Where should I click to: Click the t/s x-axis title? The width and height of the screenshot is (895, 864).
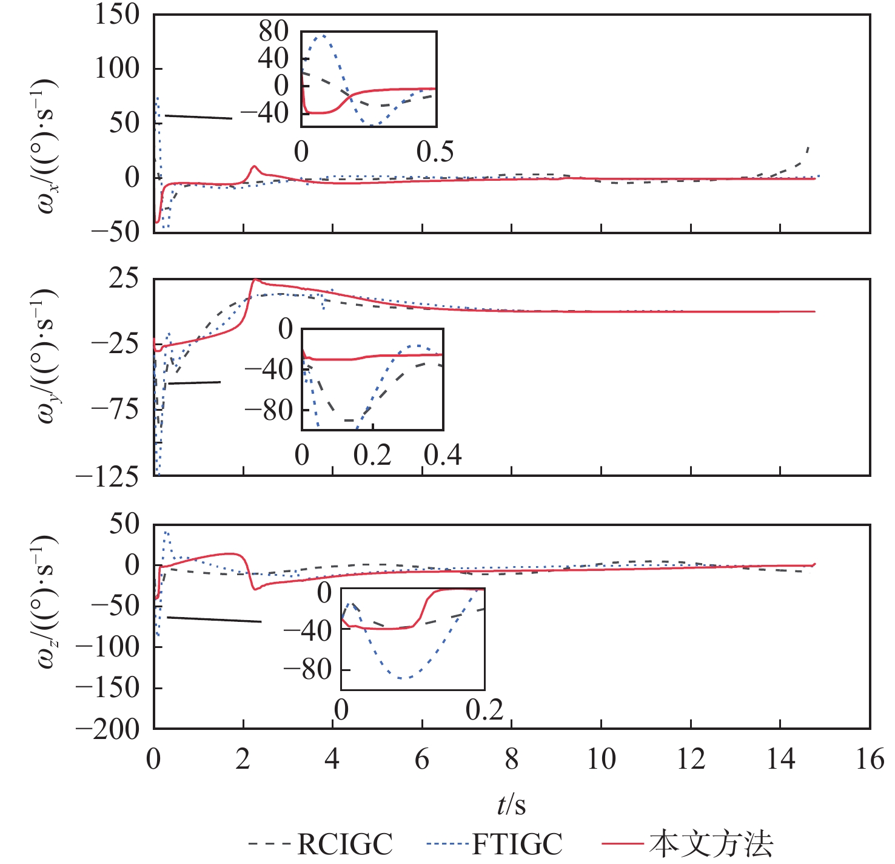coord(511,805)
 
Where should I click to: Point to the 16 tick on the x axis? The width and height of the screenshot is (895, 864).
coord(870,759)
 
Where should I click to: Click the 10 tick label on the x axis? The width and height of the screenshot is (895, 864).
coord(601,759)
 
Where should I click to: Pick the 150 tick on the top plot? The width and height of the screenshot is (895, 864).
coord(117,15)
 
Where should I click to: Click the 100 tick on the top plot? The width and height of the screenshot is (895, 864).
coord(117,69)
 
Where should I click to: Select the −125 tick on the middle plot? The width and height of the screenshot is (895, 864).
coord(107,478)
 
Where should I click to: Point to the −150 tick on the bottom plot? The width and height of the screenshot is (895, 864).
coord(107,688)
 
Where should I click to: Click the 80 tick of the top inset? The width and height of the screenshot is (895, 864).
coord(273,32)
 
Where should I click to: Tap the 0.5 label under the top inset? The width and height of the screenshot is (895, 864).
coord(435,152)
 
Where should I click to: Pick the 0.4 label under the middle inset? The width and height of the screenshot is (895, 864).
coord(443,455)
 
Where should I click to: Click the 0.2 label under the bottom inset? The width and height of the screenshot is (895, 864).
coord(484,710)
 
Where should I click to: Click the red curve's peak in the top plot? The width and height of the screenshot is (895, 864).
coord(255,166)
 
